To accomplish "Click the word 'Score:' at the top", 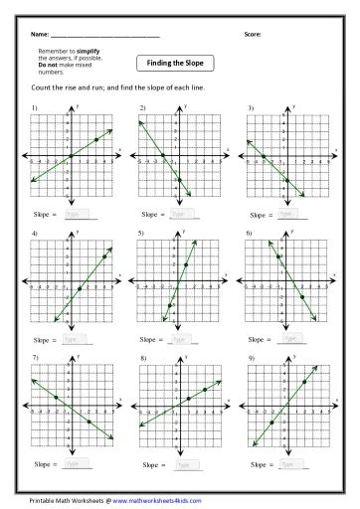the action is pos(253,35).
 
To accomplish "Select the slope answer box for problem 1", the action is pos(79,213).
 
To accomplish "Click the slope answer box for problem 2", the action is pos(184,213).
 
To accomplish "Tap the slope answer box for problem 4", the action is pos(79,339).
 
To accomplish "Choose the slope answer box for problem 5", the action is pos(184,339).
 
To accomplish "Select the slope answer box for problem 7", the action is pos(79,464).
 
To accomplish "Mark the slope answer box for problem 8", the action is pos(184,464).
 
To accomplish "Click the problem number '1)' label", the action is pos(36,106).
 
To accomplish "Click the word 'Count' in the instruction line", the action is pos(42,90).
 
